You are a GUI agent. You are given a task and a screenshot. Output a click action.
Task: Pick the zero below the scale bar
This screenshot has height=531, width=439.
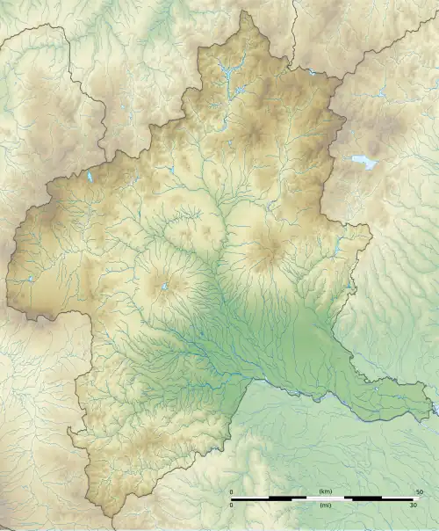point(232,506)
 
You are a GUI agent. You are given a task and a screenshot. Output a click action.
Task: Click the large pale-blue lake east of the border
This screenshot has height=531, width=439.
point(363,162)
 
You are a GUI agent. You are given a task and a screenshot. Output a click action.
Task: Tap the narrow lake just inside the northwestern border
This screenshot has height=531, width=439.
point(90,177)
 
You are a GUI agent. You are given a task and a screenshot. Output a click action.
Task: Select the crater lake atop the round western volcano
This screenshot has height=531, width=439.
point(164,286)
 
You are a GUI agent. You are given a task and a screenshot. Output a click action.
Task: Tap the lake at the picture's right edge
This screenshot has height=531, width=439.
point(433,406)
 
